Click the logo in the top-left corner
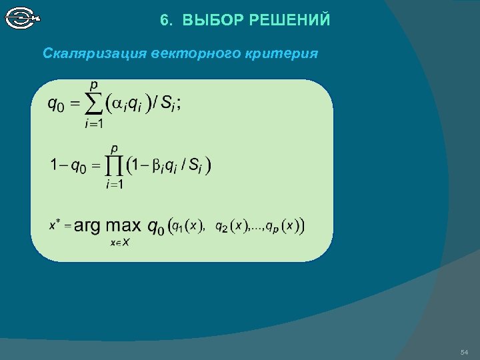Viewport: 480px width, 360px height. (x=22, y=18)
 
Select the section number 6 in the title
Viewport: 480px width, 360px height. (x=164, y=20)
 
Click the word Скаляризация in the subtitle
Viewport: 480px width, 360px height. (x=95, y=53)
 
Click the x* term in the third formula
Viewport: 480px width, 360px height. (x=55, y=225)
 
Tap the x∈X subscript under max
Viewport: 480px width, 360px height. (x=120, y=243)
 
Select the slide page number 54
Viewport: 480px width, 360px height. (x=464, y=352)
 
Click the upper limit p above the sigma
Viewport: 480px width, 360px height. (x=94, y=85)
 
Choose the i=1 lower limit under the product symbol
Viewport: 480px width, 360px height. (x=114, y=185)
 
